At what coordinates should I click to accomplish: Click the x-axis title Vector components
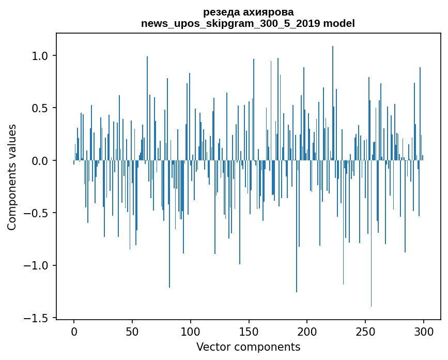coord(248,347)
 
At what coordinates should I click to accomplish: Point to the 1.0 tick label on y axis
coord(40,56)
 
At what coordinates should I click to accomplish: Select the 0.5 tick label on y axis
coord(40,108)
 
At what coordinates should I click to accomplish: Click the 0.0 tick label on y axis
coord(40,161)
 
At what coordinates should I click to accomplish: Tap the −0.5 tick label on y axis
coord(37,213)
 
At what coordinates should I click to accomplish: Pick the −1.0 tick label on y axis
coord(37,266)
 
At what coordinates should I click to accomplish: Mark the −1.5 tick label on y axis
coord(37,318)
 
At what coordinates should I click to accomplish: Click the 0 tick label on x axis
coord(74,331)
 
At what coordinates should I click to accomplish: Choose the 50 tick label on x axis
coord(132,331)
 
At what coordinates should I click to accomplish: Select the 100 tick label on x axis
coord(191,331)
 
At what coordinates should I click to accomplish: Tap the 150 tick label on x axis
coord(249,331)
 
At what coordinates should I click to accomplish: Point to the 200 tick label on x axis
coord(307,331)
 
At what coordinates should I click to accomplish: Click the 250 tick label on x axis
coord(365,331)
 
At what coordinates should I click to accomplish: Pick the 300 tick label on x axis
coord(424,331)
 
